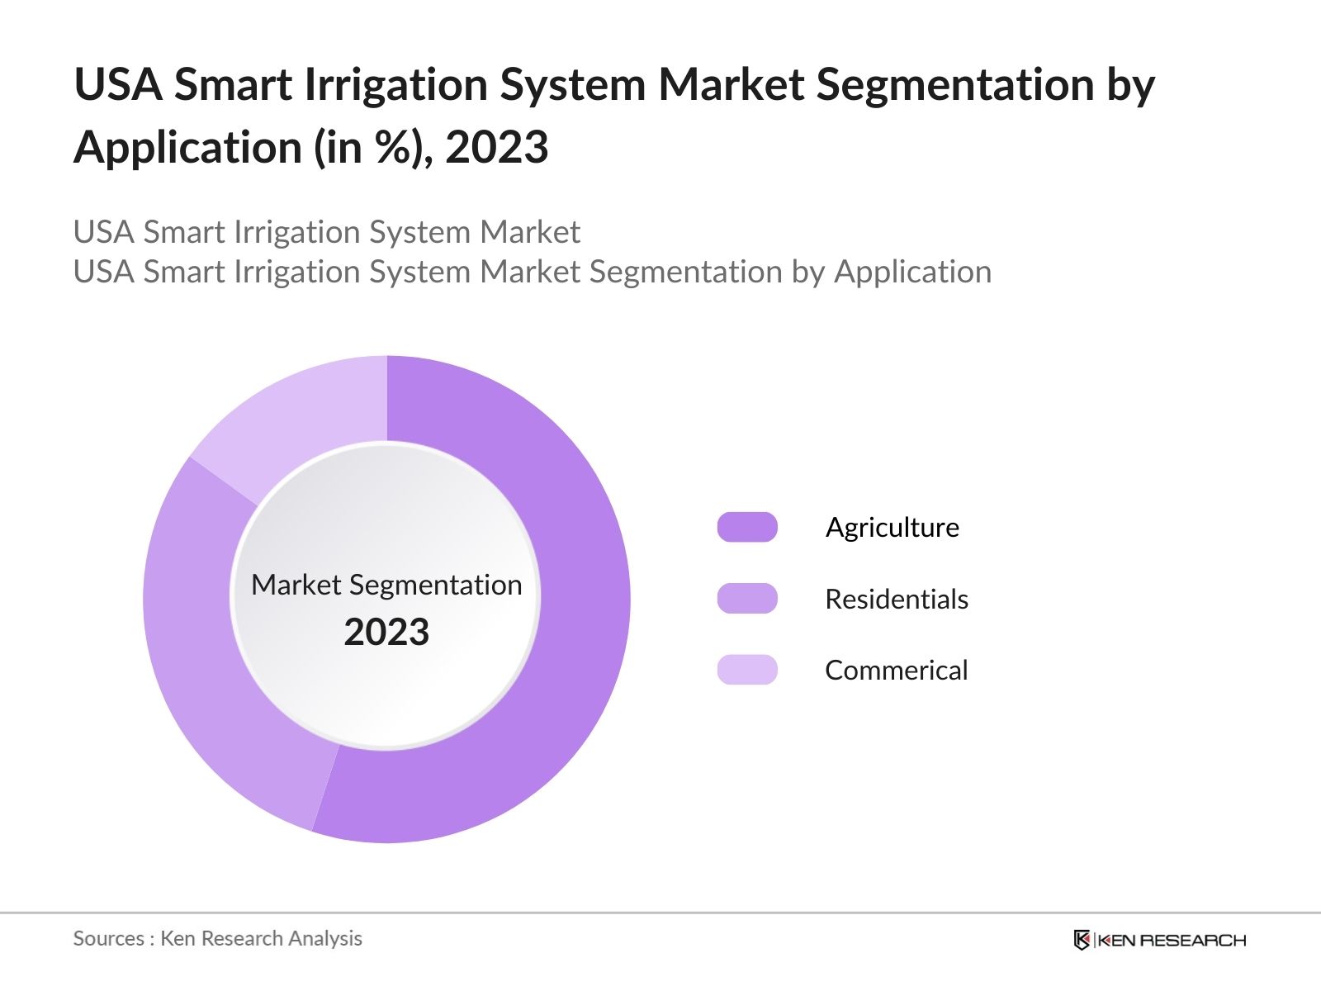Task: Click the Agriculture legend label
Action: click(893, 527)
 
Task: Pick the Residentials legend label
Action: click(897, 599)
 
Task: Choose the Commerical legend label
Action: click(897, 670)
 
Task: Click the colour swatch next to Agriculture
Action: click(747, 527)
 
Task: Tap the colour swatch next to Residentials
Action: click(747, 599)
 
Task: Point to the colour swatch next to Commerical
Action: click(747, 670)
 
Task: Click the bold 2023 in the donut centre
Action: click(386, 633)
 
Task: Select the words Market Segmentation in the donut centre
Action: click(386, 585)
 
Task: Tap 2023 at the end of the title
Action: click(497, 149)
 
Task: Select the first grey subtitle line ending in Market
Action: click(327, 232)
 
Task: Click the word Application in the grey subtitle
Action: click(912, 272)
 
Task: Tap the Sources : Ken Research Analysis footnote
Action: click(218, 938)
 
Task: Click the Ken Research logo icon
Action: click(1082, 940)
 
